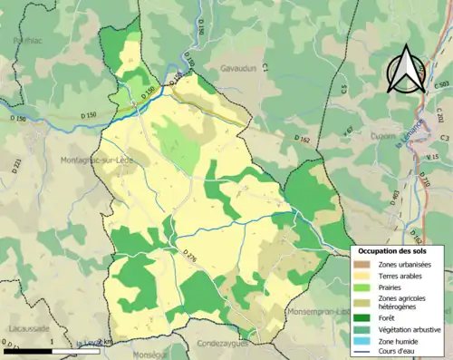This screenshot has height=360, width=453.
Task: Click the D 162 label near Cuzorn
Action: (x=303, y=139)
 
